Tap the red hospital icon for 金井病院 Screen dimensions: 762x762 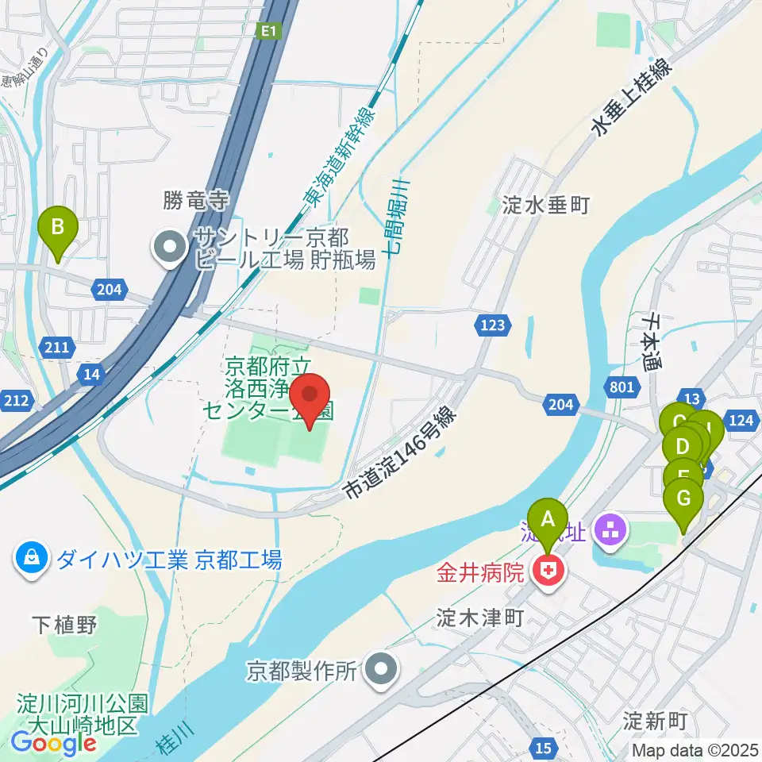(547, 570)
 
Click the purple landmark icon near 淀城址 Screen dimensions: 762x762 (610, 530)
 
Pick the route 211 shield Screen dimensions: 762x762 (62, 347)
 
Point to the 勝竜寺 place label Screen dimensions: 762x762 (196, 198)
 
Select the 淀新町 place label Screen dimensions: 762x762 (654, 722)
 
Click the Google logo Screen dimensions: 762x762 (53, 743)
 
